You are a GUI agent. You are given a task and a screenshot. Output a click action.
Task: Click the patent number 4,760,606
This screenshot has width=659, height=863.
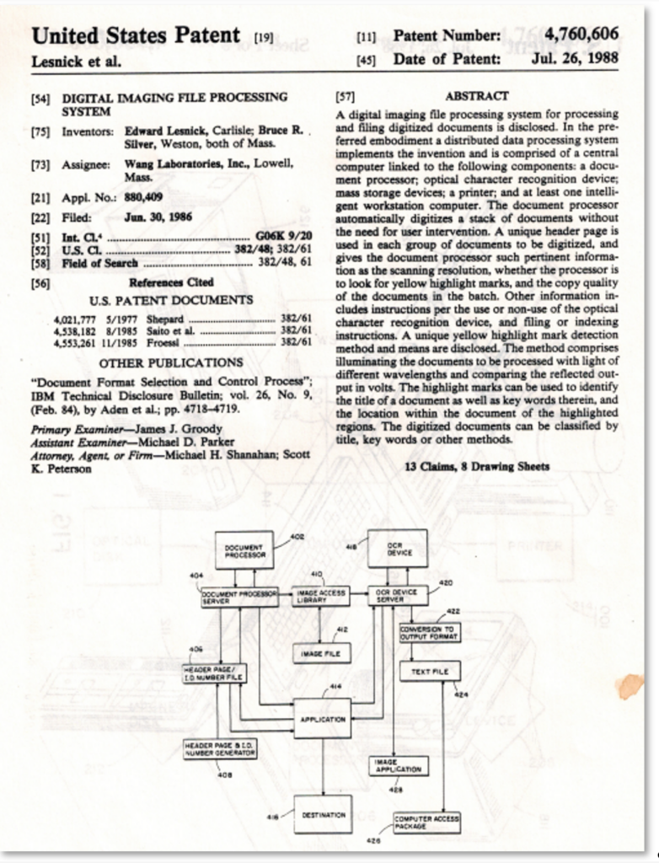tap(581, 35)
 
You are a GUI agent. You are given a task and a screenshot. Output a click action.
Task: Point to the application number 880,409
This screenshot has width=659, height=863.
tap(142, 198)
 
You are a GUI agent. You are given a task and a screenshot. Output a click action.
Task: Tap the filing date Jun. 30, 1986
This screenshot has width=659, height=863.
tap(158, 217)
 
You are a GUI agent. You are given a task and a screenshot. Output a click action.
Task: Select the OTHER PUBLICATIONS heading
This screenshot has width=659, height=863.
tap(171, 362)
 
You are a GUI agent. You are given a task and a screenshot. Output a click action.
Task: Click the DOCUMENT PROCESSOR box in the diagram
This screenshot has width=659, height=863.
tap(244, 550)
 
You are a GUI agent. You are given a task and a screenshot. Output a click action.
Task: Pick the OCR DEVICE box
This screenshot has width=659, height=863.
tap(397, 549)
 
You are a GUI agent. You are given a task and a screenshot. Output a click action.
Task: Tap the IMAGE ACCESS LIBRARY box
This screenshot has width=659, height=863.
tap(321, 597)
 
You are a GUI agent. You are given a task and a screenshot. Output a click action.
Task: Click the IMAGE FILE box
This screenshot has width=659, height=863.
tap(321, 652)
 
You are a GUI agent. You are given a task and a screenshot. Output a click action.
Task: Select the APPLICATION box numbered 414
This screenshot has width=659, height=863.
tap(322, 719)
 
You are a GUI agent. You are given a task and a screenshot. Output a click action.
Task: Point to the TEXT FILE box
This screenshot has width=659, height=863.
tap(430, 672)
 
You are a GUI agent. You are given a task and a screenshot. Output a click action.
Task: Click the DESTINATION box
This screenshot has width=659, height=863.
tap(323, 814)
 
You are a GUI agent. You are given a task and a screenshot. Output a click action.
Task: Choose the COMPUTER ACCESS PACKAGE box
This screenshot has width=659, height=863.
tap(426, 823)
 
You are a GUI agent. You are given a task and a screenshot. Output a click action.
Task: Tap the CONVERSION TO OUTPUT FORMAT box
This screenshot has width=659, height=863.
tap(430, 633)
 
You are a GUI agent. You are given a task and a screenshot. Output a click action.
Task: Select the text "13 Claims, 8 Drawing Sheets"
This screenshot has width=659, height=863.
tap(477, 466)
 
